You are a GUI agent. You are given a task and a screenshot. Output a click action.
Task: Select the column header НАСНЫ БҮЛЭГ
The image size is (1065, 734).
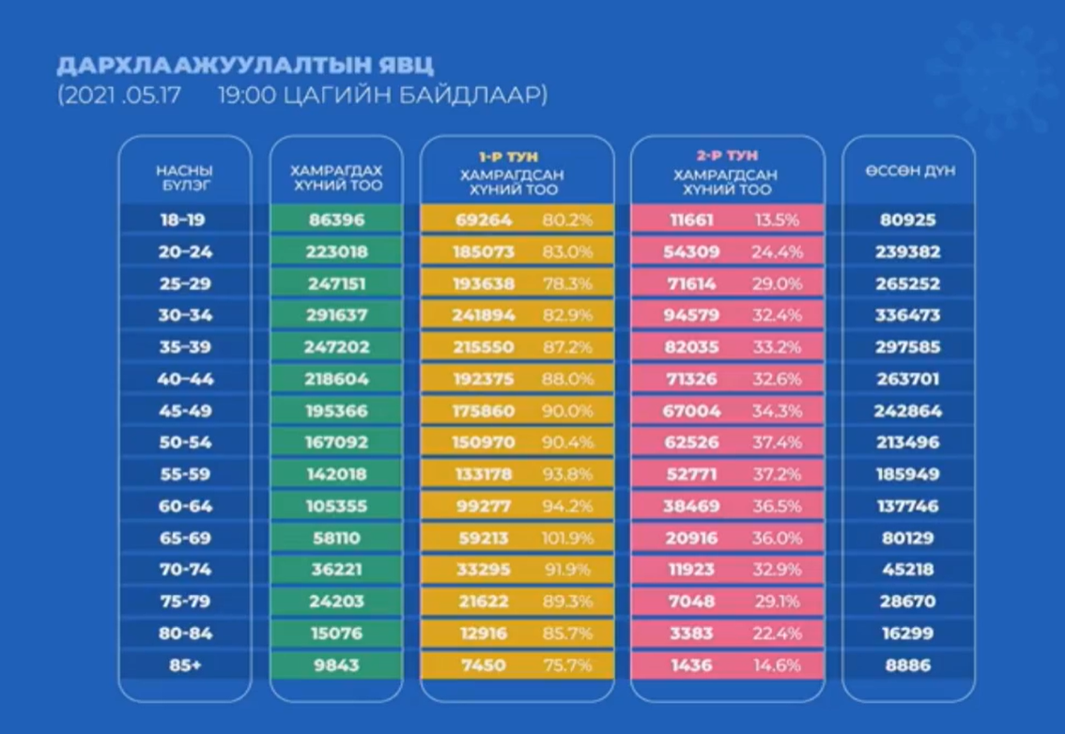click(184, 177)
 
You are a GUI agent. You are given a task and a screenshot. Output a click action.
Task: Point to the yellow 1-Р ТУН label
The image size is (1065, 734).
click(517, 157)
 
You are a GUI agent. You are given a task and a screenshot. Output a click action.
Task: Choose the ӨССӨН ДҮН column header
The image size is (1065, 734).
click(910, 172)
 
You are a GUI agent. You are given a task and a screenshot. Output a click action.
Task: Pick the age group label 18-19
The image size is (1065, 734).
click(184, 221)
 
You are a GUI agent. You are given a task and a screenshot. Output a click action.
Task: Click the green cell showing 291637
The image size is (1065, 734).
click(335, 315)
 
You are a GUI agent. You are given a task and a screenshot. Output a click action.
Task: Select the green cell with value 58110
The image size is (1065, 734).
click(335, 538)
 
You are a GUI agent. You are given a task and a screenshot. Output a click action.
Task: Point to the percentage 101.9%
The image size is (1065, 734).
click(568, 539)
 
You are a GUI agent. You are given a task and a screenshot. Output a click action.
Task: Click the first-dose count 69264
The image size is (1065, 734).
click(486, 221)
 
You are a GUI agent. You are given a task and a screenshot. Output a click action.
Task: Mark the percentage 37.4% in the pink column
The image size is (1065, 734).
click(779, 443)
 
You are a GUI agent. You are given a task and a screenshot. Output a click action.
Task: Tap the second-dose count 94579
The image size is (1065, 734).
click(696, 315)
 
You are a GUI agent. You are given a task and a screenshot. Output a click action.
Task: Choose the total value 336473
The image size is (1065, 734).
click(908, 315)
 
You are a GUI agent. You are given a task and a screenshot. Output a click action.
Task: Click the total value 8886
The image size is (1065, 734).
click(908, 665)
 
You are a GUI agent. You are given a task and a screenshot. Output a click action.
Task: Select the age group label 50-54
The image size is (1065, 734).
click(184, 443)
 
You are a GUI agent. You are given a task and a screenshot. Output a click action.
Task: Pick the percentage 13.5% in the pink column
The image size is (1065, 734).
click(779, 221)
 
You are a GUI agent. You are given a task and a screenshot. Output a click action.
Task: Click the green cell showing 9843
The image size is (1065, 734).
click(335, 665)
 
